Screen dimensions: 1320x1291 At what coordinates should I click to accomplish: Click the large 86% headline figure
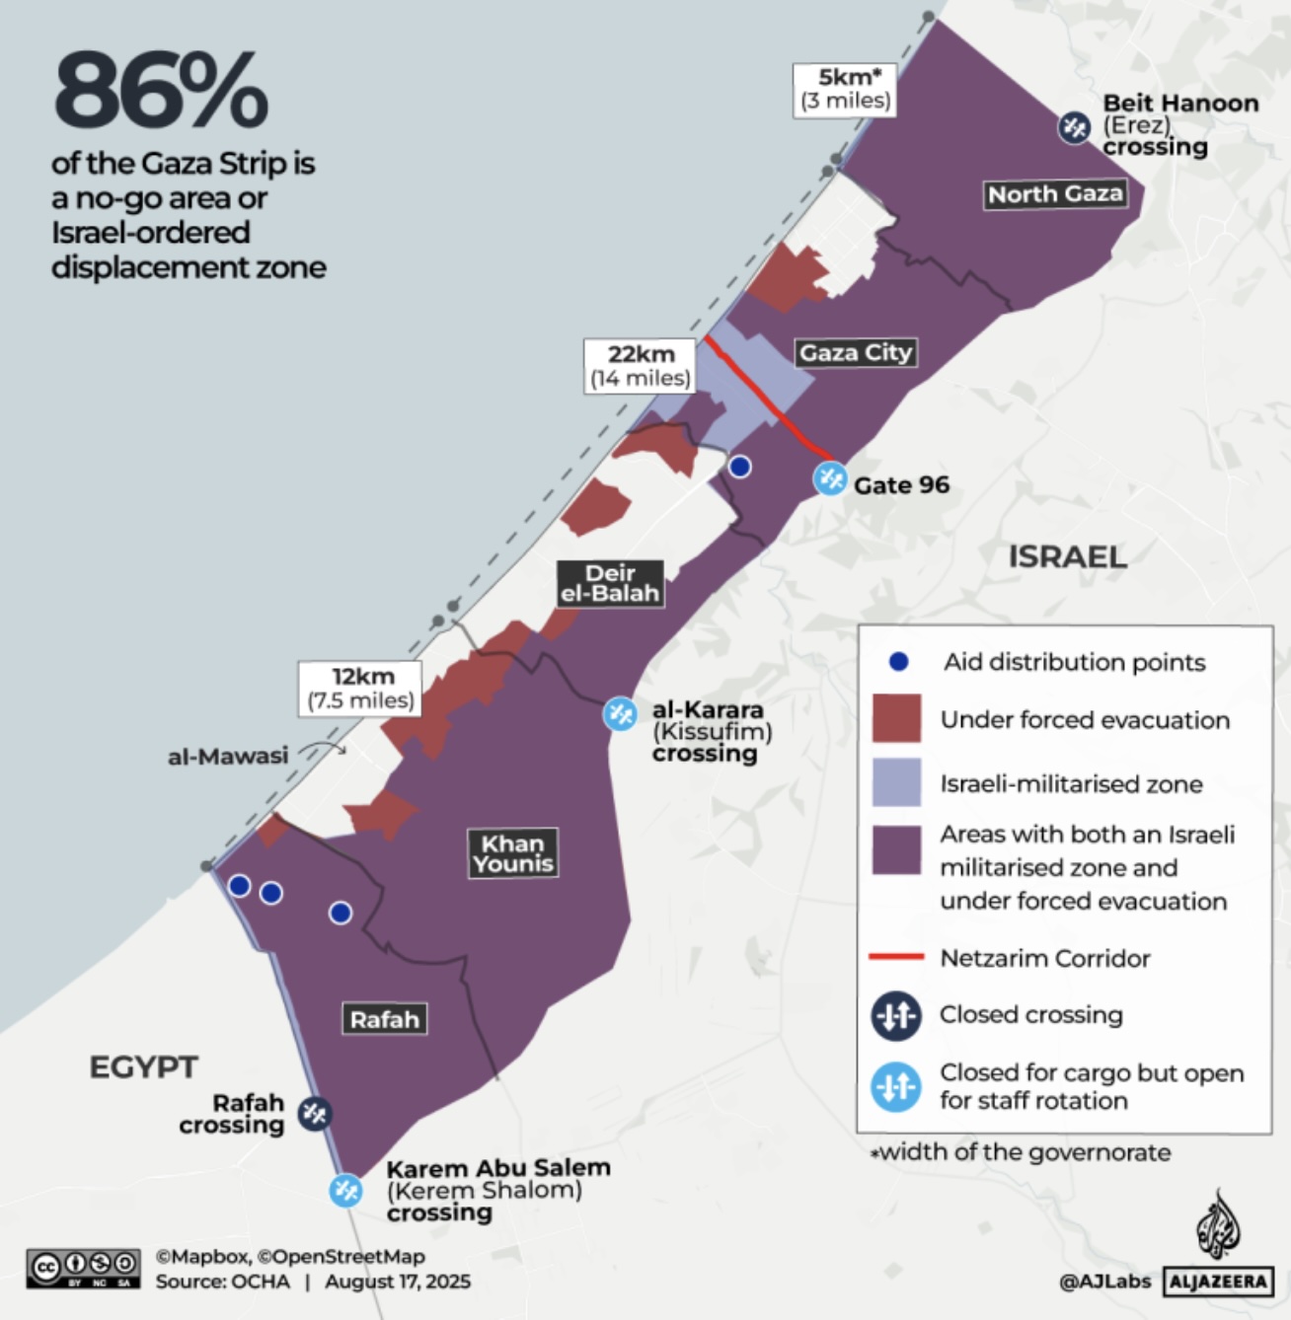pyautogui.click(x=161, y=91)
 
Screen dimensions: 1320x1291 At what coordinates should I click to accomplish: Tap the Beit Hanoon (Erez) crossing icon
pyautogui.click(x=1074, y=127)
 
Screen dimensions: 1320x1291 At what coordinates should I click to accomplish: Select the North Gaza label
pyautogui.click(x=1055, y=194)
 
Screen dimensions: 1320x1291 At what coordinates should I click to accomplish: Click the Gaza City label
pyautogui.click(x=855, y=352)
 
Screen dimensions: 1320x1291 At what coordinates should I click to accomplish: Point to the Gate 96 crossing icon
pyautogui.click(x=830, y=479)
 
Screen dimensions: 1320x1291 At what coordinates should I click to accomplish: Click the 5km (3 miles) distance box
pyautogui.click(x=845, y=89)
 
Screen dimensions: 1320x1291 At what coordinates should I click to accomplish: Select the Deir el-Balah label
pyautogui.click(x=609, y=583)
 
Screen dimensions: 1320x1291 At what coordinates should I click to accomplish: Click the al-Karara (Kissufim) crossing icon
pyautogui.click(x=620, y=713)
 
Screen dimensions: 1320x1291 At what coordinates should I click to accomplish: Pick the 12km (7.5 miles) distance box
pyautogui.click(x=361, y=688)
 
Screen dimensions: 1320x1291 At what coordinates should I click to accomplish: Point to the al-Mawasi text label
pyautogui.click(x=228, y=756)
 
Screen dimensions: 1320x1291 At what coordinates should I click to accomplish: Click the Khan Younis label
pyautogui.click(x=512, y=853)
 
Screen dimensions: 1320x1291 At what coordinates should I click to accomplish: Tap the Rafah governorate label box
pyautogui.click(x=384, y=1019)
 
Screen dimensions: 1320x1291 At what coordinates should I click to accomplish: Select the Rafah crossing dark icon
pyautogui.click(x=315, y=1114)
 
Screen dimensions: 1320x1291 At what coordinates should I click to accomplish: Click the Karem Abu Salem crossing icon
pyautogui.click(x=345, y=1190)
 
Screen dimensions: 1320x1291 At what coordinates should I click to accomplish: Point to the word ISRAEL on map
pyautogui.click(x=1067, y=556)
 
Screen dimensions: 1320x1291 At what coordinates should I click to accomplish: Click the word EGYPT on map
pyautogui.click(x=143, y=1066)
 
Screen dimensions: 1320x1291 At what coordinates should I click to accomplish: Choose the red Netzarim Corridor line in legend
pyautogui.click(x=895, y=957)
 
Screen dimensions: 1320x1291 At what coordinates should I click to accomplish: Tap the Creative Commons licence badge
pyautogui.click(x=84, y=1268)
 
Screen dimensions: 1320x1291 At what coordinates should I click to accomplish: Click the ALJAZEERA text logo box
pyautogui.click(x=1218, y=1282)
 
